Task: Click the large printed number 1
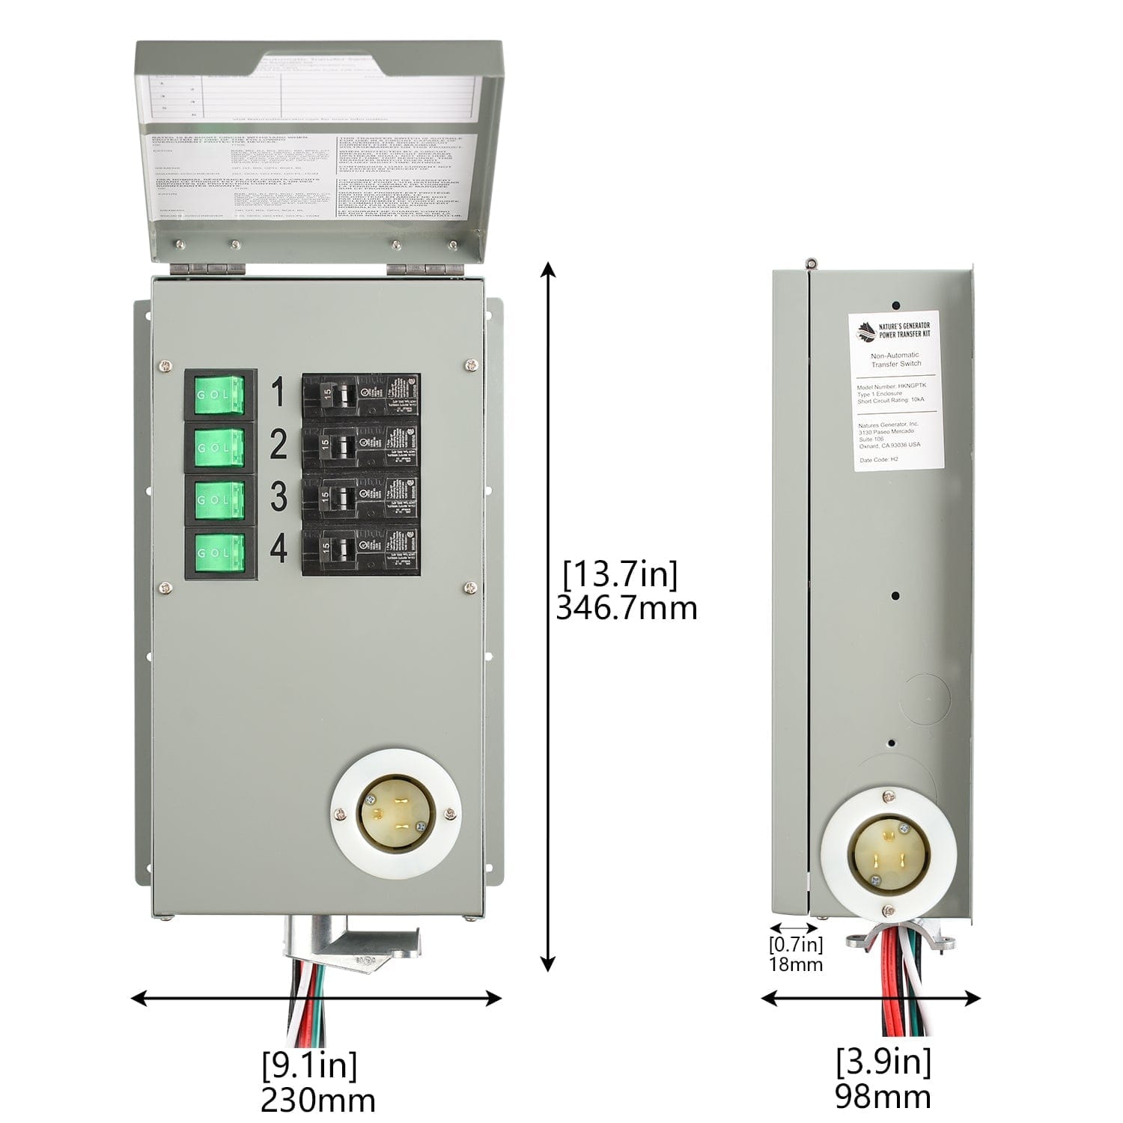coord(278,392)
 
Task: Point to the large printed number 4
coord(278,550)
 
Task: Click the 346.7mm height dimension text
coord(626,608)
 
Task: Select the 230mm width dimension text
coord(318,1100)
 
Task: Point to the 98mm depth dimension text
coord(883,1096)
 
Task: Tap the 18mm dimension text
coord(795,964)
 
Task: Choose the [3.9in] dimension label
coord(883,1061)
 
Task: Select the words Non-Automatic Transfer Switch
coord(895,359)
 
